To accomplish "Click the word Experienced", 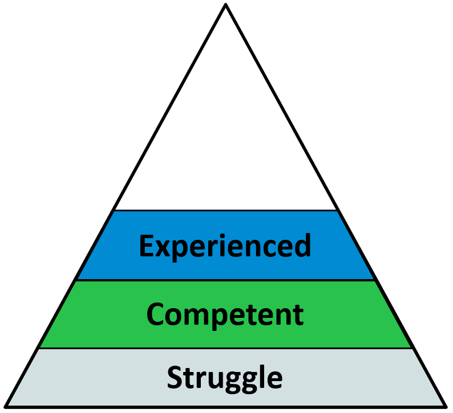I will pyautogui.click(x=225, y=246).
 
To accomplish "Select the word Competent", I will pyautogui.click(x=225, y=314).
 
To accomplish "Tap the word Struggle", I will pyautogui.click(x=225, y=378).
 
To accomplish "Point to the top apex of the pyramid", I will pyautogui.click(x=226, y=5).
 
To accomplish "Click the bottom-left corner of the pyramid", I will pyautogui.click(x=7, y=406).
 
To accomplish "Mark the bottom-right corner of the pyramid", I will pyautogui.click(x=445, y=406).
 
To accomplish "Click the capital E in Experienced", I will pyautogui.click(x=146, y=246).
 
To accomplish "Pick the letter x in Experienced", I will pyautogui.click(x=163, y=248).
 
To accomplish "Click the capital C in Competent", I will pyautogui.click(x=156, y=314).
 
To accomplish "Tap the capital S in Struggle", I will pyautogui.click(x=175, y=378).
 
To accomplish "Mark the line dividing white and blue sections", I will pyautogui.click(x=226, y=211).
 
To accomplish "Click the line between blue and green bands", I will pyautogui.click(x=226, y=280).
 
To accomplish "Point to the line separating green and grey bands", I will pyautogui.click(x=226, y=348).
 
